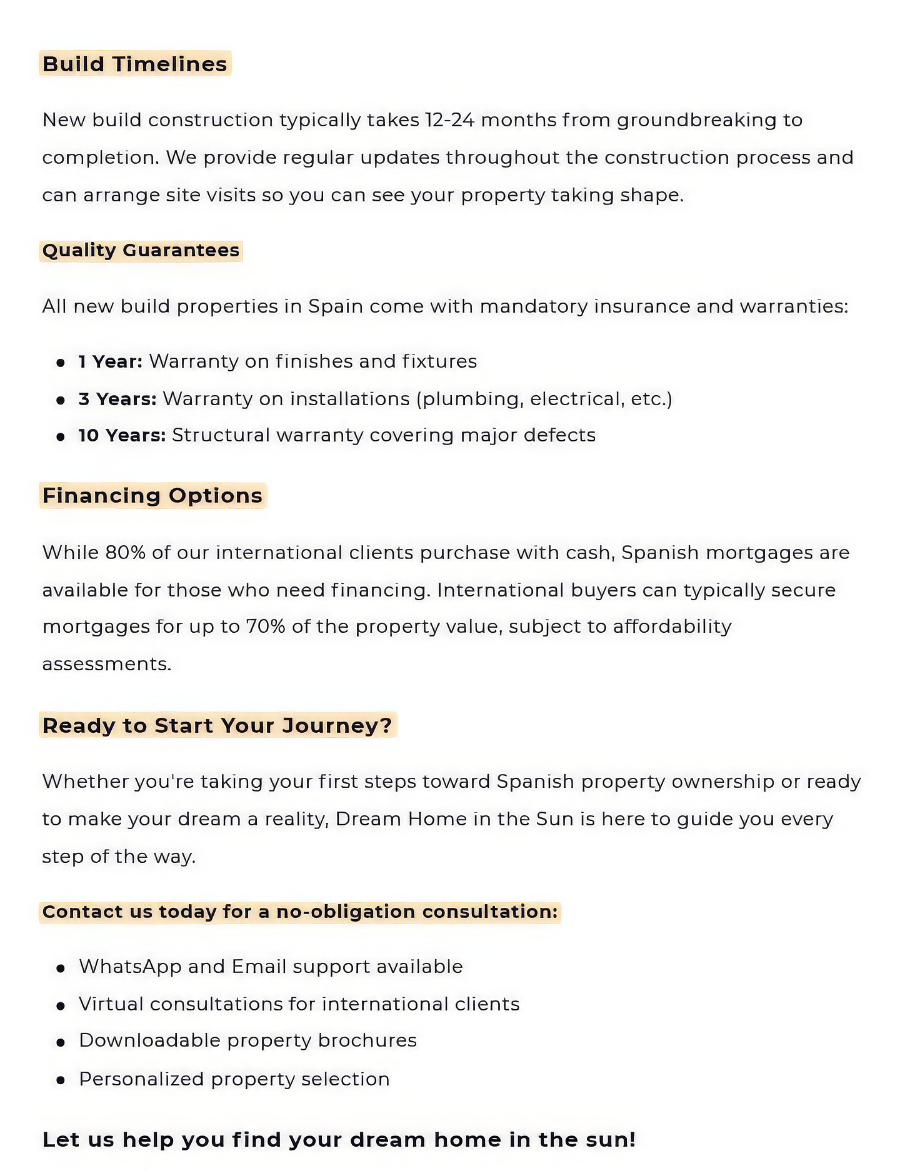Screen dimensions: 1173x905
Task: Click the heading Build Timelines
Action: (x=134, y=64)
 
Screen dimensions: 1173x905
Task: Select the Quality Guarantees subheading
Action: (x=141, y=250)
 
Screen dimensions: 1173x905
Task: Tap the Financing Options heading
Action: (x=152, y=495)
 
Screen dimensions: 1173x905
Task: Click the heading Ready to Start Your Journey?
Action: (x=217, y=725)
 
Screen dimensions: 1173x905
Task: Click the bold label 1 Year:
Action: (x=110, y=361)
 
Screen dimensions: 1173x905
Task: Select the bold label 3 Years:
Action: (x=117, y=398)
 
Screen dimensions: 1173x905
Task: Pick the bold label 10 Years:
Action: (x=121, y=435)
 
